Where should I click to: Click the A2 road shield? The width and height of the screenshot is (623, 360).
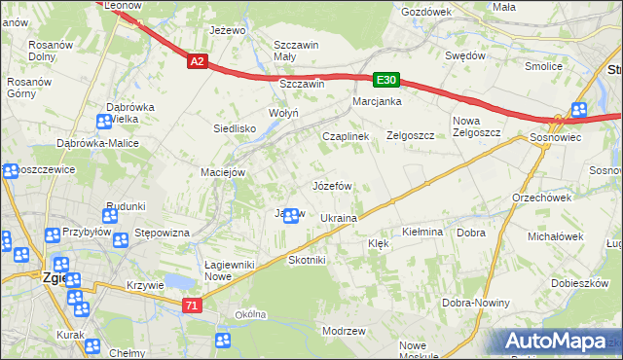[198, 61]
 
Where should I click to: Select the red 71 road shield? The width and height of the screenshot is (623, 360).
[193, 306]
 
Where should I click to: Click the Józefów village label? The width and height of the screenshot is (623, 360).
[331, 185]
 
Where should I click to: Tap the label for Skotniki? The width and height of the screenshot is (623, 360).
[307, 261]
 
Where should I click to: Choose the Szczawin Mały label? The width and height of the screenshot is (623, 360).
[297, 51]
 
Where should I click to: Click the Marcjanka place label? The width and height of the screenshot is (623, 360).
[378, 101]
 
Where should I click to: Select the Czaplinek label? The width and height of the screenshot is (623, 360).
[346, 137]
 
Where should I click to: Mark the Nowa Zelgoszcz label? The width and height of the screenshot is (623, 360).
[476, 126]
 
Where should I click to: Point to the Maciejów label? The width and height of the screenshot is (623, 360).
[222, 173]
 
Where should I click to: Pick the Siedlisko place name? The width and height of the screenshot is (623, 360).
[235, 127]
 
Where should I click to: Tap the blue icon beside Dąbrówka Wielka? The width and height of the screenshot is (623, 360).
[104, 122]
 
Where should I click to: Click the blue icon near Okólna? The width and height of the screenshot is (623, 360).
[223, 340]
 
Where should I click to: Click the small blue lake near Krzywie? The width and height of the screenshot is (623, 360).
[178, 281]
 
